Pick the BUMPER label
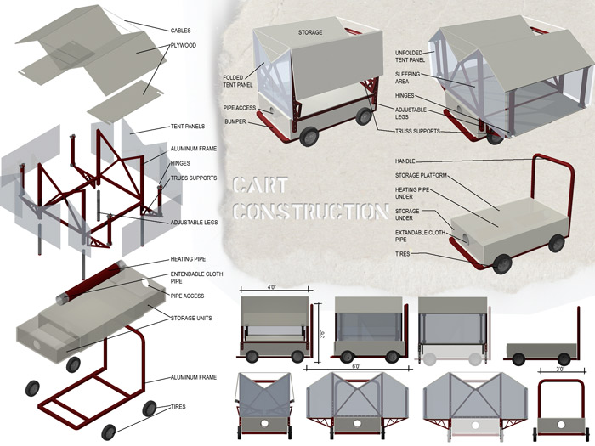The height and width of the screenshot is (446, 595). pos(235,121)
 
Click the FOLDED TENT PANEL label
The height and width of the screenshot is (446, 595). pos(237,82)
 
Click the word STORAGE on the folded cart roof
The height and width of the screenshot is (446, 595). pos(310,32)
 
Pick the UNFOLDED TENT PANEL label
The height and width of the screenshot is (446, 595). pos(414,56)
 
